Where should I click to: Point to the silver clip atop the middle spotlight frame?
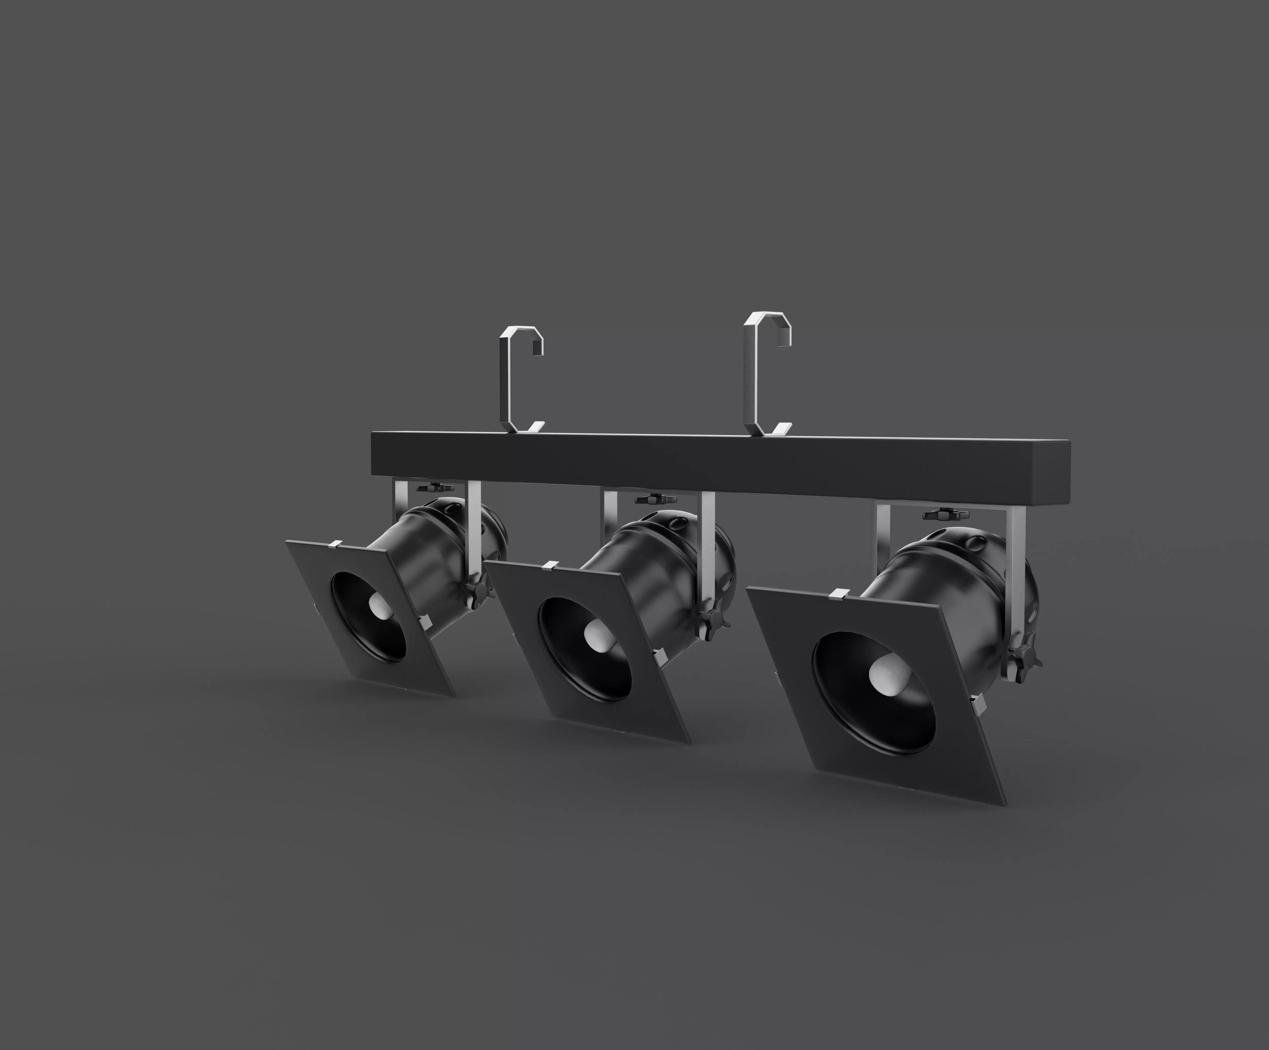550,566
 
